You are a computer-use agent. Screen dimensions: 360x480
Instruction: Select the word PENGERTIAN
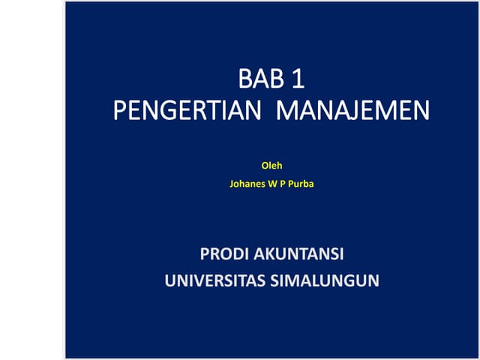(187, 112)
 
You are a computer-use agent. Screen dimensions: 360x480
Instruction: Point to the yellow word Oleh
(271, 165)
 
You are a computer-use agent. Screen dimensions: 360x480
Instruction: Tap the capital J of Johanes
(232, 182)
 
